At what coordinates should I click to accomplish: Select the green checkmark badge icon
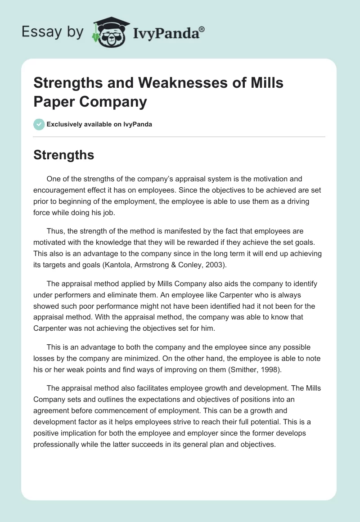(x=39, y=124)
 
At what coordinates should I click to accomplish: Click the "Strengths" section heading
(x=63, y=155)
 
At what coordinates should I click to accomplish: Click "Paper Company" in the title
(x=90, y=102)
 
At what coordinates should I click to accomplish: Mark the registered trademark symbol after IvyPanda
(x=202, y=28)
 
